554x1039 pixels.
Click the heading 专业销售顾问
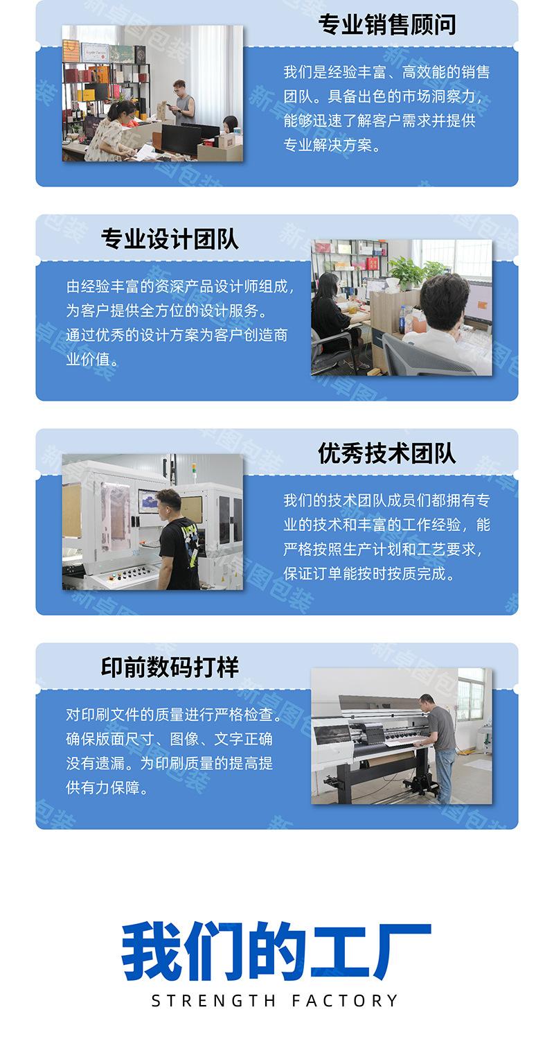click(x=386, y=25)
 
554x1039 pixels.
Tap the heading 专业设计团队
click(x=170, y=239)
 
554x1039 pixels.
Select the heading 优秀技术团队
click(x=386, y=453)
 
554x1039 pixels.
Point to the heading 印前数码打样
click(x=170, y=667)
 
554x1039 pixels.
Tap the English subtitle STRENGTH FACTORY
click(x=275, y=1001)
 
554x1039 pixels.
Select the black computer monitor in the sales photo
click(x=181, y=139)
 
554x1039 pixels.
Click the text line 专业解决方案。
click(x=332, y=145)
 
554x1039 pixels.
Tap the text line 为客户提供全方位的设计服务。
click(x=167, y=311)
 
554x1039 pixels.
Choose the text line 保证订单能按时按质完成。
click(x=369, y=574)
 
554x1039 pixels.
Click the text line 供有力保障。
click(x=107, y=787)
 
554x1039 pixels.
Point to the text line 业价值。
click(x=92, y=359)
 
